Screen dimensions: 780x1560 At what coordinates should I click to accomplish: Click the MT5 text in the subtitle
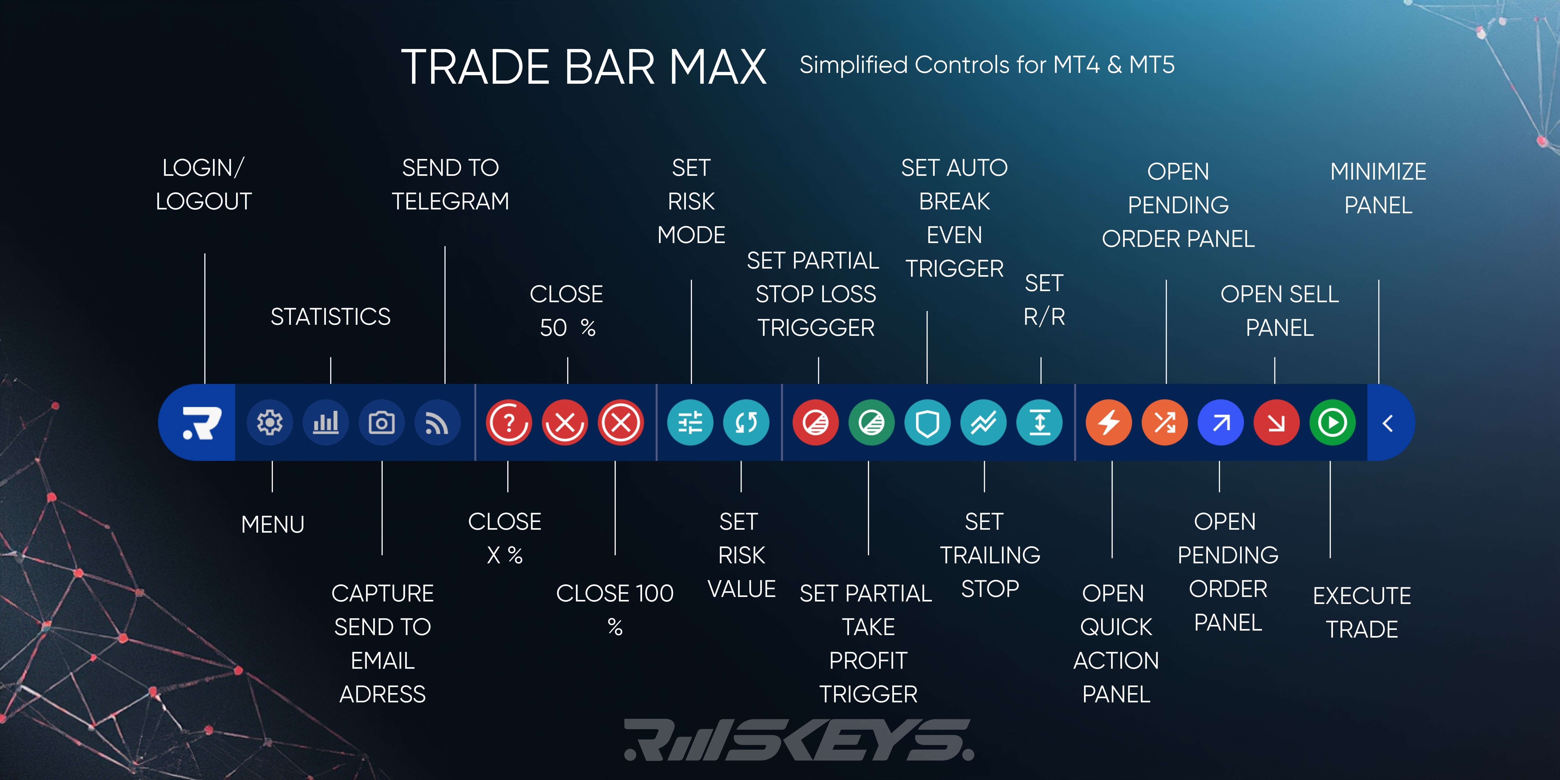1152,65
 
